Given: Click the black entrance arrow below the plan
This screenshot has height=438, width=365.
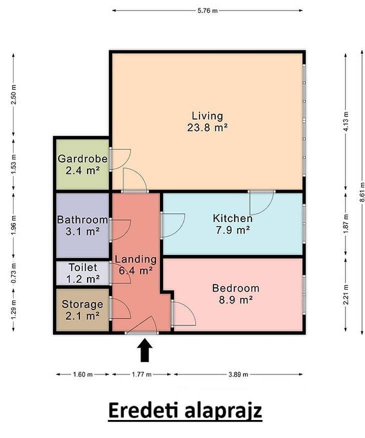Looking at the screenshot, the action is click(x=144, y=350).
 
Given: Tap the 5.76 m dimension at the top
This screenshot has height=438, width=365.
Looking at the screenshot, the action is click(x=207, y=11).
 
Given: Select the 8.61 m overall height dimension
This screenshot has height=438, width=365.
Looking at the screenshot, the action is click(x=362, y=192).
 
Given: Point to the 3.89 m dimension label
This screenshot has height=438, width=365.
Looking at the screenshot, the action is click(x=238, y=374).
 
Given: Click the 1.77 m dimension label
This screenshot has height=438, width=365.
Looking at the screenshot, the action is click(x=141, y=374).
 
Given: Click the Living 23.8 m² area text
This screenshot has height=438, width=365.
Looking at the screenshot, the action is click(x=207, y=121).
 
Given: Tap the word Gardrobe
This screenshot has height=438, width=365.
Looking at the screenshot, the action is click(x=82, y=158).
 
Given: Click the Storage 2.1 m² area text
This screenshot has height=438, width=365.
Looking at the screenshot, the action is click(x=82, y=310).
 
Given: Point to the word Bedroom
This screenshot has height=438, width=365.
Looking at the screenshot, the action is click(x=235, y=288).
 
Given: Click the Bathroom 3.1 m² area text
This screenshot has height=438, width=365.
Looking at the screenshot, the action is click(x=82, y=225).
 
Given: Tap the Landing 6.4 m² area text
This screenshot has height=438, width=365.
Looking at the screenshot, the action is click(x=135, y=265).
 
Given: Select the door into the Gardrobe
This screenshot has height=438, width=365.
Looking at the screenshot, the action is click(x=120, y=158).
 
